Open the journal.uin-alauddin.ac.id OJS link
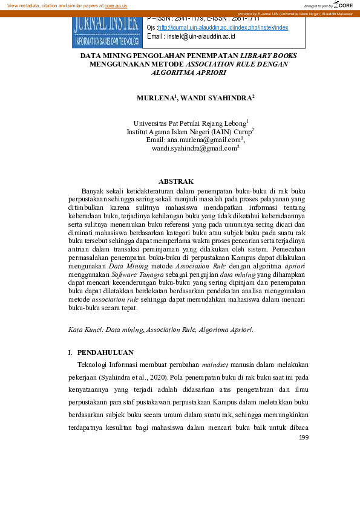[x=223, y=28]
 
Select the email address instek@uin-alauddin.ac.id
[x=201, y=37]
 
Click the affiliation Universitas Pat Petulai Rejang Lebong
[x=189, y=123]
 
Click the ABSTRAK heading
[x=175, y=181]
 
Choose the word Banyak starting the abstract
[x=93, y=191]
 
